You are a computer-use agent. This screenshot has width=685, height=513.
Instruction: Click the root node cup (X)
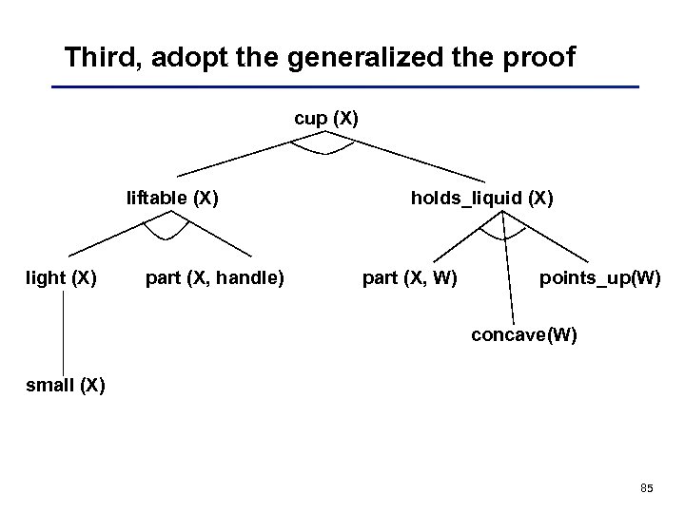(x=325, y=120)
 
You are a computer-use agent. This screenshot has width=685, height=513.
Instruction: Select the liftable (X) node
(x=173, y=199)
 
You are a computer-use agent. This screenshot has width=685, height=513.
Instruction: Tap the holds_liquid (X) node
(x=481, y=199)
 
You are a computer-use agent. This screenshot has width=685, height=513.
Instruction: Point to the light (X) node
(x=60, y=278)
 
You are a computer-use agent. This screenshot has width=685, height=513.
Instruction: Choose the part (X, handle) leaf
(x=214, y=278)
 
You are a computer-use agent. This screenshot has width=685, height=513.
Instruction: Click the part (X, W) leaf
(x=410, y=278)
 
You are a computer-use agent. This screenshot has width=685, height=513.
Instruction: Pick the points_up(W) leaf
(x=599, y=278)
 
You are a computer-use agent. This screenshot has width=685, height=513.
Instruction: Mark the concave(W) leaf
(x=524, y=335)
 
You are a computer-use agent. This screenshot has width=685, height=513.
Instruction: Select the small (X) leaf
(x=66, y=385)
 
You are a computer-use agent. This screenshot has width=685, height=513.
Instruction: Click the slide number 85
(x=647, y=488)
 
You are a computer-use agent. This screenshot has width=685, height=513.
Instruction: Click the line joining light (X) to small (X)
(x=64, y=332)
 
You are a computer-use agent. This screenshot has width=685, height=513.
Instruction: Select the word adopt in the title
(x=183, y=58)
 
